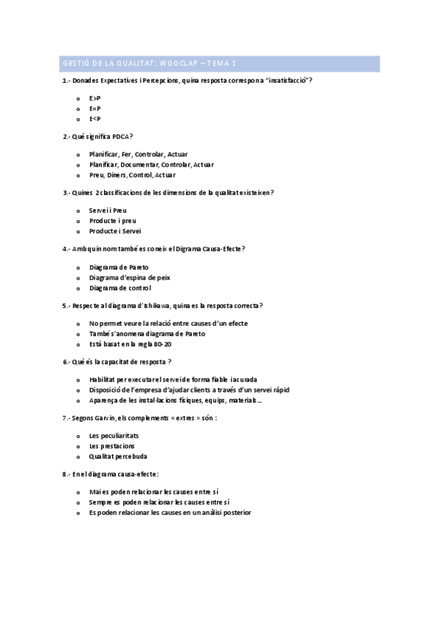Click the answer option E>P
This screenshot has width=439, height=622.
(x=95, y=98)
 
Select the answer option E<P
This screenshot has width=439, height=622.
(x=95, y=119)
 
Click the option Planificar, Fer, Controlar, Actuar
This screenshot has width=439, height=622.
(x=138, y=154)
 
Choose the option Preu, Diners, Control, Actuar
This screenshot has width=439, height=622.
(x=132, y=175)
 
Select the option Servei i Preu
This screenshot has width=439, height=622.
(x=108, y=211)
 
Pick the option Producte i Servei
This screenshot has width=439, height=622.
(x=115, y=231)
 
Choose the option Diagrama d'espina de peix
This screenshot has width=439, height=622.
(x=129, y=277)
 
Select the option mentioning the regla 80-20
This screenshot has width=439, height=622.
(x=130, y=344)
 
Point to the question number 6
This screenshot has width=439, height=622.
(x=65, y=362)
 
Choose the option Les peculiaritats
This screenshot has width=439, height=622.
(x=113, y=436)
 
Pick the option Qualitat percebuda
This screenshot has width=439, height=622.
(x=117, y=456)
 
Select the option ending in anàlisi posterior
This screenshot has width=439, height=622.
(x=170, y=513)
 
